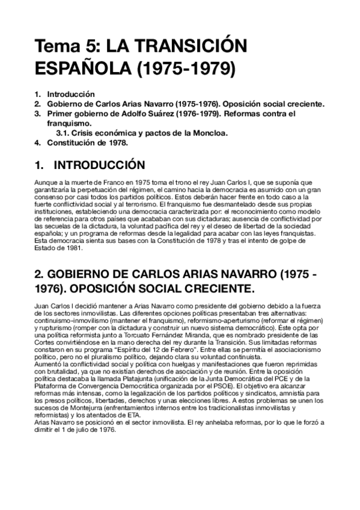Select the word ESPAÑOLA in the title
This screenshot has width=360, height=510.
point(85,67)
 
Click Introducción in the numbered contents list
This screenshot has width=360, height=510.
point(71,94)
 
